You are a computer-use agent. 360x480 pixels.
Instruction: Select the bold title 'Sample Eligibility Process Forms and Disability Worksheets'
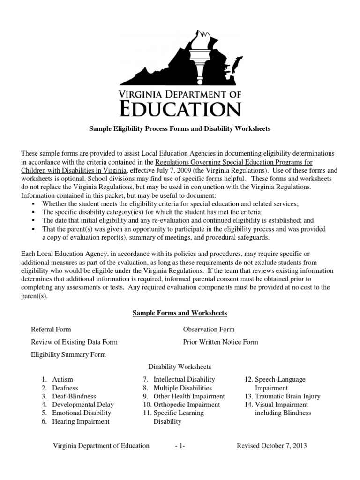pyautogui.click(x=180, y=128)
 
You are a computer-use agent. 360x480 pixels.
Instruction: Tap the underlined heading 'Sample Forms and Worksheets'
pyautogui.click(x=180, y=313)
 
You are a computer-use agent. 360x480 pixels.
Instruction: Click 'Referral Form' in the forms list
pyautogui.click(x=51, y=330)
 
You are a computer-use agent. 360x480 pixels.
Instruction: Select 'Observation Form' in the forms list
pyautogui.click(x=209, y=330)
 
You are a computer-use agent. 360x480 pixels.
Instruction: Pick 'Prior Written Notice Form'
pyautogui.click(x=220, y=342)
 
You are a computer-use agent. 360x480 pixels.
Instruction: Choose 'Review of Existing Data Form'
pyautogui.click(x=74, y=342)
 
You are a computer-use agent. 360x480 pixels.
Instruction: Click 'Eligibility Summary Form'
pyautogui.click(x=68, y=355)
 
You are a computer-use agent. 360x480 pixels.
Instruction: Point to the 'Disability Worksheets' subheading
pyautogui.click(x=180, y=367)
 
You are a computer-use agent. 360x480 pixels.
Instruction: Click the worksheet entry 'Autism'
pyautogui.click(x=62, y=379)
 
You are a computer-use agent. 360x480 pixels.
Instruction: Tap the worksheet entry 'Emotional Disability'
pyautogui.click(x=82, y=413)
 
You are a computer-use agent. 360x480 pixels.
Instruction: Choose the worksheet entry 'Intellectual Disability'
pyautogui.click(x=184, y=379)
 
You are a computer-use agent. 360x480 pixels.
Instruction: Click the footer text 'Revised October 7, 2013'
pyautogui.click(x=272, y=446)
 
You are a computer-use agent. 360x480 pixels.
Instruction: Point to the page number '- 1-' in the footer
pyautogui.click(x=180, y=446)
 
